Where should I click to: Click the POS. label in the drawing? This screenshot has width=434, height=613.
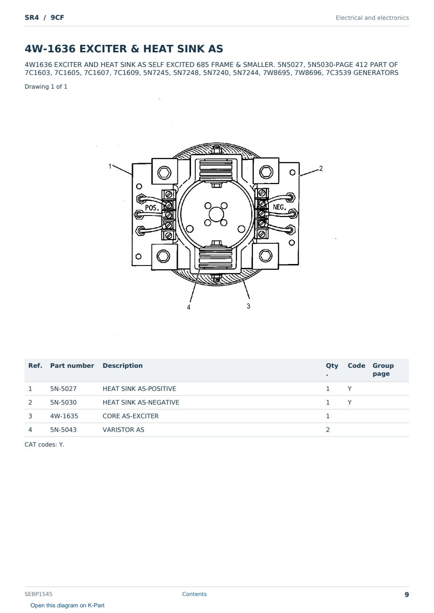tap(152, 207)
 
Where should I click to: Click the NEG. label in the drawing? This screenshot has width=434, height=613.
tap(280, 207)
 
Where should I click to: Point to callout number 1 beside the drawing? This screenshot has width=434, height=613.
tap(110, 166)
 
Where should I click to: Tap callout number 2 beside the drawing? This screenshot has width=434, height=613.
tap(321, 168)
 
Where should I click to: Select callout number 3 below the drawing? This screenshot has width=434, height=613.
tap(248, 306)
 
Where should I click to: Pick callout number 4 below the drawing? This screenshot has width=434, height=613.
tap(188, 307)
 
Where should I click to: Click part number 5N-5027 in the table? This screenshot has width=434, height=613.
tap(63, 389)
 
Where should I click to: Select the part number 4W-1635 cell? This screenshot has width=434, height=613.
tap(64, 416)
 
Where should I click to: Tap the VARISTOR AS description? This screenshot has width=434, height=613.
tap(123, 430)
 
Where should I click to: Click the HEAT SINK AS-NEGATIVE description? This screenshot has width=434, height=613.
tap(141, 402)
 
